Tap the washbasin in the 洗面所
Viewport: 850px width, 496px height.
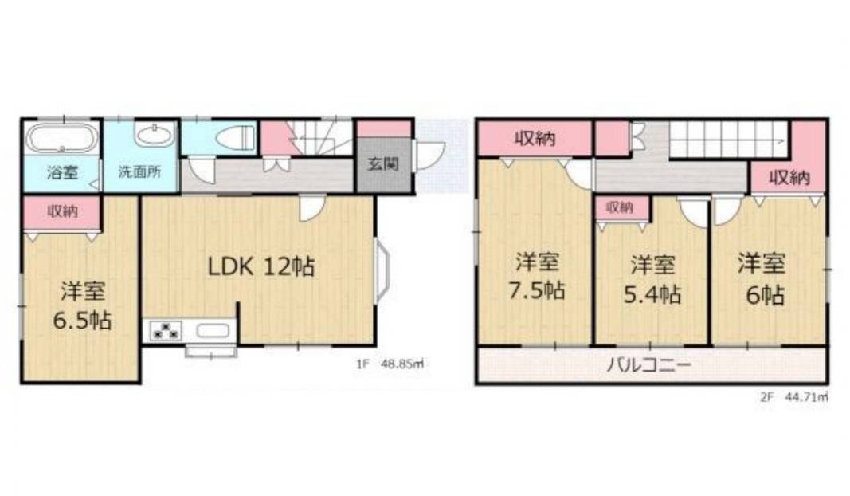[x=155, y=134]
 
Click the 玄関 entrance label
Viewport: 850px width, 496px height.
[x=382, y=164]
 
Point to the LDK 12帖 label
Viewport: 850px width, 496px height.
[x=261, y=266]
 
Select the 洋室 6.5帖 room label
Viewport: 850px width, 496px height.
[x=82, y=306]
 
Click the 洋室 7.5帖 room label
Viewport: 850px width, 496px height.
[x=536, y=277]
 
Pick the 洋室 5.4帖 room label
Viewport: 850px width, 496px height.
[x=652, y=280]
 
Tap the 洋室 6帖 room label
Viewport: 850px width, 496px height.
[x=762, y=279]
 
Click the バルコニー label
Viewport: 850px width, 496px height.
[x=648, y=364]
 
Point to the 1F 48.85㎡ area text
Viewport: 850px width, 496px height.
[x=390, y=364]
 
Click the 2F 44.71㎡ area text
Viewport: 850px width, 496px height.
[x=794, y=396]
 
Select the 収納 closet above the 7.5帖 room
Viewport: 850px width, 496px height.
[x=535, y=139]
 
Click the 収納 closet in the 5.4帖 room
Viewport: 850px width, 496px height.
[x=622, y=207]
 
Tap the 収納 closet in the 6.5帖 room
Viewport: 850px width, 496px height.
[x=62, y=211]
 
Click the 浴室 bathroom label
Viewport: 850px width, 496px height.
[x=62, y=172]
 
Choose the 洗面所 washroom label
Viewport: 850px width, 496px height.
[x=140, y=172]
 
